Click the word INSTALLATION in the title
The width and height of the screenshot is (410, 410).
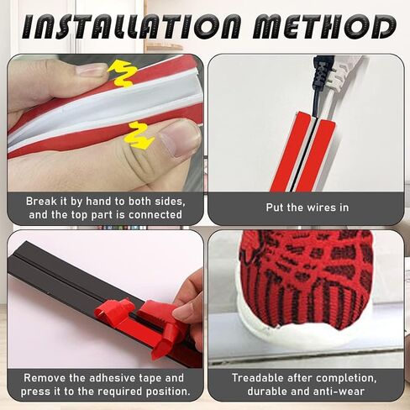pos(131,27)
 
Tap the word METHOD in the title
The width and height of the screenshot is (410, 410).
pos(324,27)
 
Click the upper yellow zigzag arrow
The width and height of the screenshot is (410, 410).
pos(123,74)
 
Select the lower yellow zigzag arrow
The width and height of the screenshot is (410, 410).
pos(140,136)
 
